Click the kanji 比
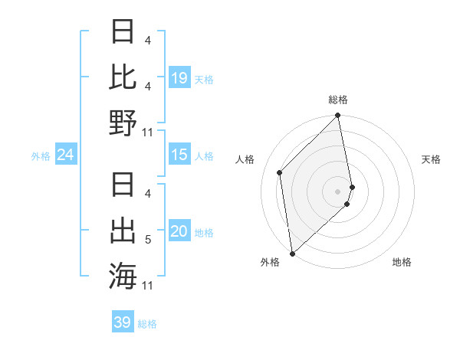point(123,77)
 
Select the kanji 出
point(123,230)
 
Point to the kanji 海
point(123,274)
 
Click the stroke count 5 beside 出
point(148,241)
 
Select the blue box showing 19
point(179,77)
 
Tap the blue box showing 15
point(179,155)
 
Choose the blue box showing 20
point(179,231)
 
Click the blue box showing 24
point(66,155)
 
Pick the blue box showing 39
point(123,322)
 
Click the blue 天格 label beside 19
point(204,79)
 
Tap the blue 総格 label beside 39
point(147,324)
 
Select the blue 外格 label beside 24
point(41,156)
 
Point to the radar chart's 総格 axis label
point(338,100)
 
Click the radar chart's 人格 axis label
point(245,159)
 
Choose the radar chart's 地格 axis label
point(402,262)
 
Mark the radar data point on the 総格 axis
point(338,116)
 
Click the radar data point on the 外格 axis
point(292,253)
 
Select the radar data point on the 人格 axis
point(280,172)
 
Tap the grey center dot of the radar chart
point(338,191)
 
